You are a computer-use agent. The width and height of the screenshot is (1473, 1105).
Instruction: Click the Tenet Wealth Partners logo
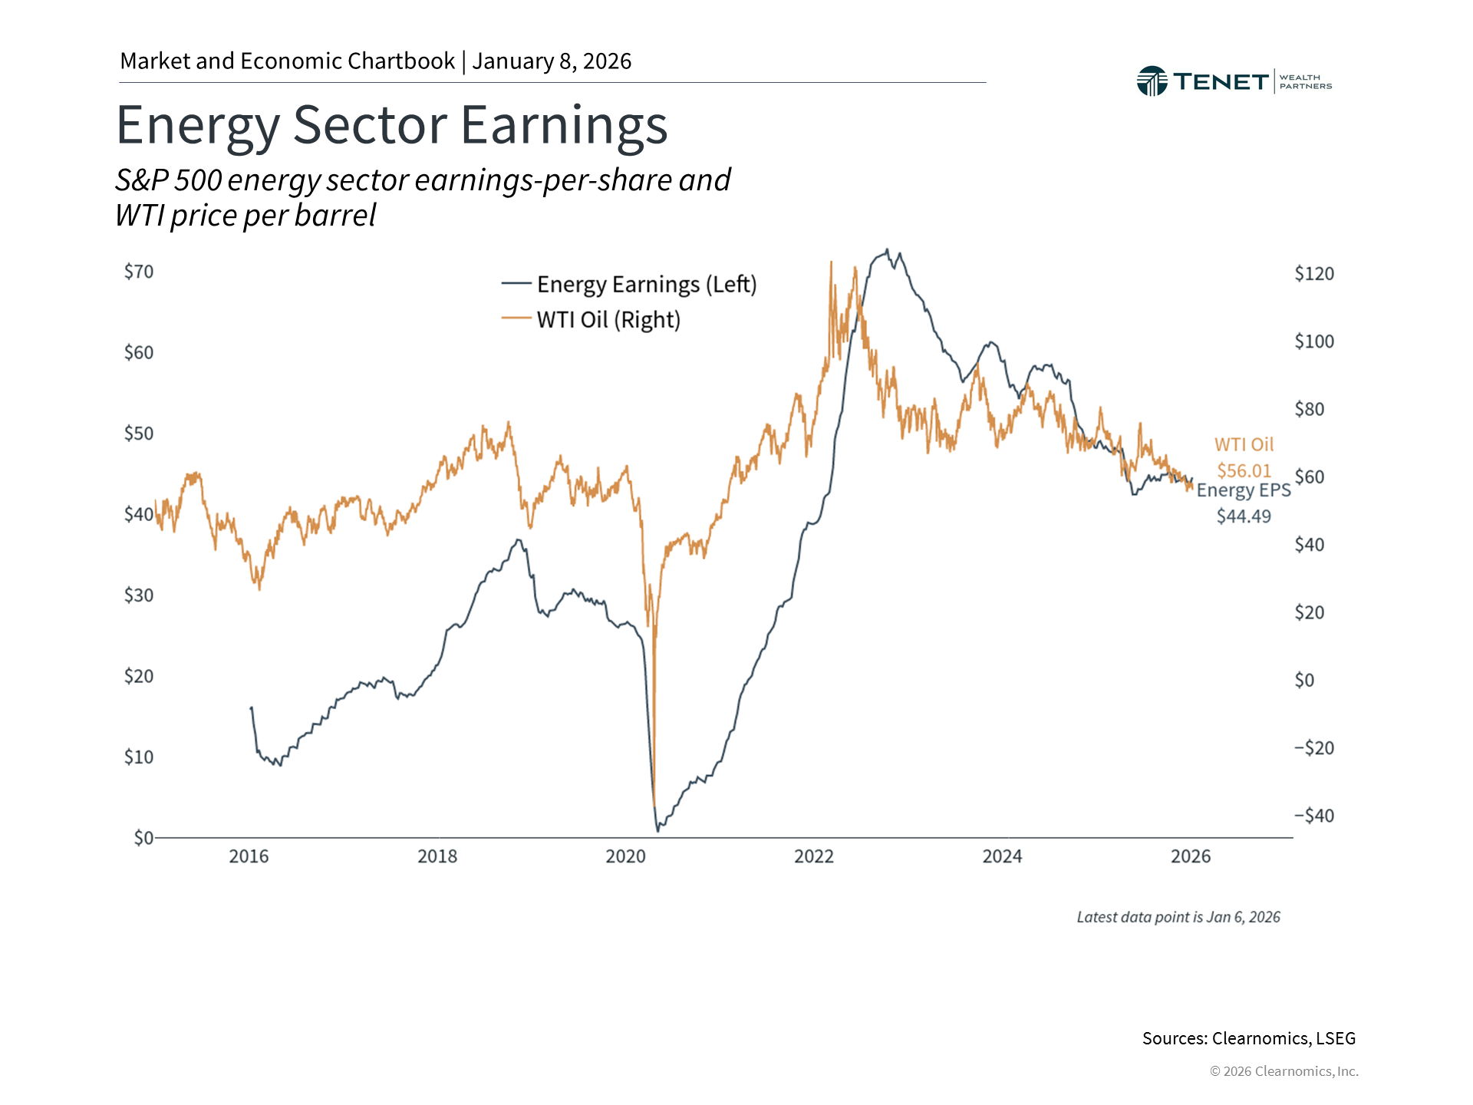tap(1233, 81)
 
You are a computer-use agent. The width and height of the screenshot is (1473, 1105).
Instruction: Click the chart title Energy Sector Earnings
tap(391, 125)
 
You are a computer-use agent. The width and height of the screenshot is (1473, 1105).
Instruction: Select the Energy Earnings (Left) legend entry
tap(629, 284)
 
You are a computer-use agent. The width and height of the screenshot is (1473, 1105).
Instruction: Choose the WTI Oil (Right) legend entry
tap(592, 319)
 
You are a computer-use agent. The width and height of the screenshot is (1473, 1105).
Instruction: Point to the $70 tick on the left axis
tap(139, 272)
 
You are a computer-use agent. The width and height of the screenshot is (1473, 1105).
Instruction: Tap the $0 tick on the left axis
tap(143, 837)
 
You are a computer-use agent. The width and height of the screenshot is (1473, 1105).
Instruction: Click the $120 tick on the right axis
tap(1313, 274)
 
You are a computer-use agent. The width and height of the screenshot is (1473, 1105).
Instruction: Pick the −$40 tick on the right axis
tap(1313, 816)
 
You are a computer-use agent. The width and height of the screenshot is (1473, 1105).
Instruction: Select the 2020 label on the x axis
tap(625, 856)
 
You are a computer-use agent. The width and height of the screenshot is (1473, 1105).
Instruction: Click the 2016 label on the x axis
tap(249, 856)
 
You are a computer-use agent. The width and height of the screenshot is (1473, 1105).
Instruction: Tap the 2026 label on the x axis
tap(1190, 856)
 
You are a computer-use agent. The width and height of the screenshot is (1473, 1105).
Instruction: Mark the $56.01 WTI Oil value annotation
tap(1244, 470)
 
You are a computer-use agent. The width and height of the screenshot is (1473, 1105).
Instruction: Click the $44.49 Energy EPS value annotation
tap(1244, 516)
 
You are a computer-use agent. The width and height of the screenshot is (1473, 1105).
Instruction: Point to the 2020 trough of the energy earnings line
tap(657, 830)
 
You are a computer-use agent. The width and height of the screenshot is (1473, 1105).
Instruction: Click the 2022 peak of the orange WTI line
tap(831, 262)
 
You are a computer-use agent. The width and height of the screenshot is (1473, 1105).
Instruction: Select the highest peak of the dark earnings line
tap(887, 249)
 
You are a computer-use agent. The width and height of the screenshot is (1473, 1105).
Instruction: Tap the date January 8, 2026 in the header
tap(552, 61)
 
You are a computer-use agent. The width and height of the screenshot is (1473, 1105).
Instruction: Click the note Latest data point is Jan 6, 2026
tap(1178, 917)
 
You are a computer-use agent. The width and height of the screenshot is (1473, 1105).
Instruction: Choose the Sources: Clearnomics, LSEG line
tap(1248, 1038)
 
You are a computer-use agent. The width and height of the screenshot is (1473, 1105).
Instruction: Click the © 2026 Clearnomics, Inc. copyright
tap(1284, 1071)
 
